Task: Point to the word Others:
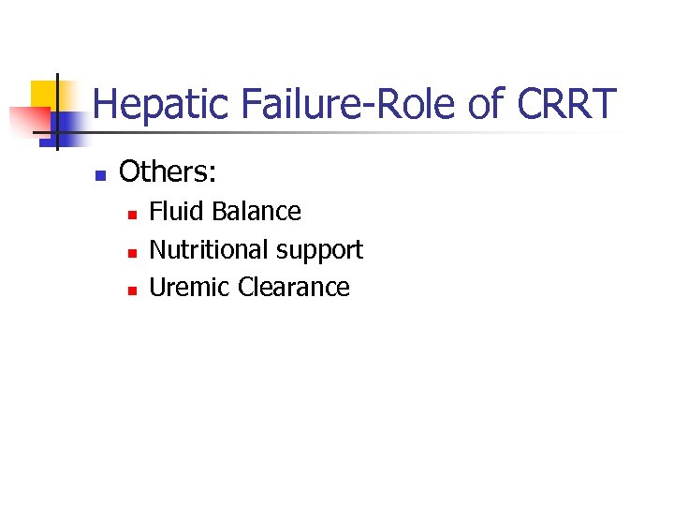tap(168, 171)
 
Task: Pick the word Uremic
tap(190, 288)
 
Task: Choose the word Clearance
tap(294, 288)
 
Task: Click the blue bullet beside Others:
tap(100, 174)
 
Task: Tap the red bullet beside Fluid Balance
tap(132, 215)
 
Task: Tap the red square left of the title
tap(28, 120)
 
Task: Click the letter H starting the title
tap(105, 105)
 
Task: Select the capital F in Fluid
tap(155, 212)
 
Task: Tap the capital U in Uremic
tap(157, 288)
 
